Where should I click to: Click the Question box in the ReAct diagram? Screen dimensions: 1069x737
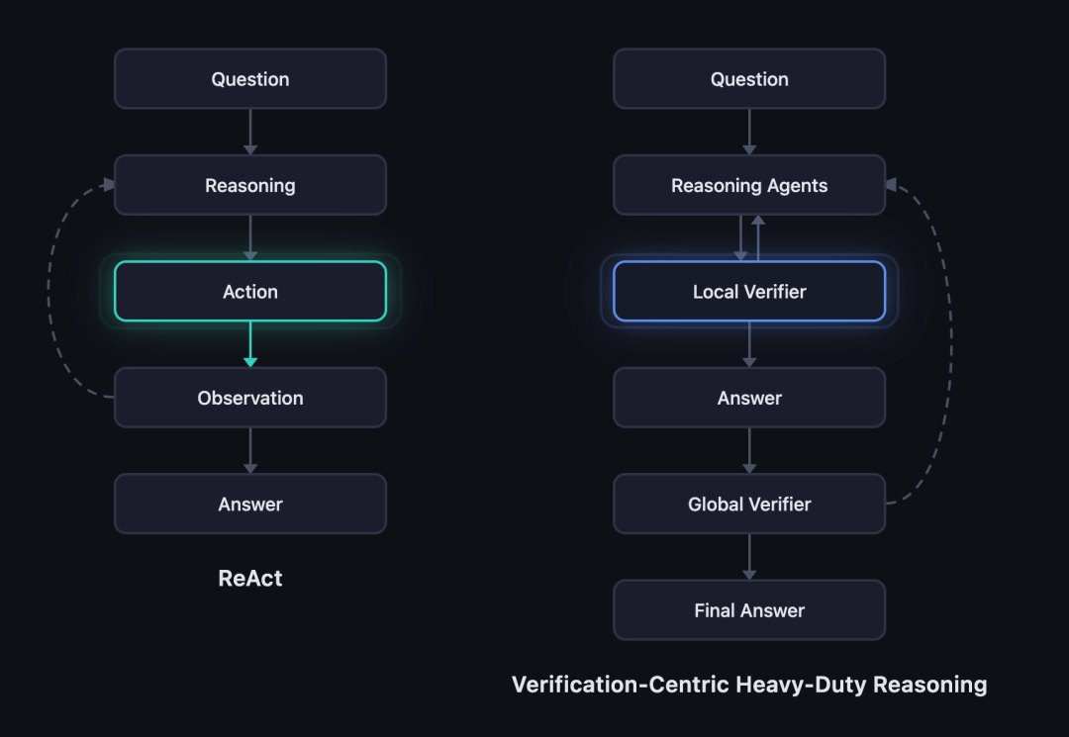(250, 78)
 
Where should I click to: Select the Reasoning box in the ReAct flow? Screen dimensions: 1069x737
(250, 185)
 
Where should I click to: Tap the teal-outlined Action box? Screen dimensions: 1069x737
(250, 291)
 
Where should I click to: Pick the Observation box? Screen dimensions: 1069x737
(250, 397)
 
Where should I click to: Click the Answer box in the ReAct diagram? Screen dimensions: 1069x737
(250, 504)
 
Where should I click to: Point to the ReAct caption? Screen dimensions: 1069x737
(250, 578)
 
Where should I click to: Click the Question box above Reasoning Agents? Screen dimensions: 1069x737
(749, 78)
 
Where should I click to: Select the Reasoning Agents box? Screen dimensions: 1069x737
(749, 185)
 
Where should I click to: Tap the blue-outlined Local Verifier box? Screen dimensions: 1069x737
(749, 291)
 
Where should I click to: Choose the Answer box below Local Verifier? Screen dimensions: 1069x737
(749, 397)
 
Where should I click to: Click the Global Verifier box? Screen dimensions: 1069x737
(749, 504)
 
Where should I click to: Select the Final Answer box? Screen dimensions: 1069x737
(749, 609)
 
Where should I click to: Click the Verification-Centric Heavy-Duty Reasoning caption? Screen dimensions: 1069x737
(749, 684)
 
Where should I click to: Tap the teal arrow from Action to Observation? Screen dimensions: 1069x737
(250, 344)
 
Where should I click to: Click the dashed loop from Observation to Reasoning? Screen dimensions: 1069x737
(49, 290)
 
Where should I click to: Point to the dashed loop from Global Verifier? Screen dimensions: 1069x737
(950, 340)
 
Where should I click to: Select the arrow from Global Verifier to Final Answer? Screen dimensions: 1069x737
(749, 557)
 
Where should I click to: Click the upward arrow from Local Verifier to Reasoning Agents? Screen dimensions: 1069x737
(758, 237)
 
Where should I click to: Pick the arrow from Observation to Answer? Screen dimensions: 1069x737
(250, 450)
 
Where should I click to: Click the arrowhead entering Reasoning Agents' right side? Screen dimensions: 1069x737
(891, 185)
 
